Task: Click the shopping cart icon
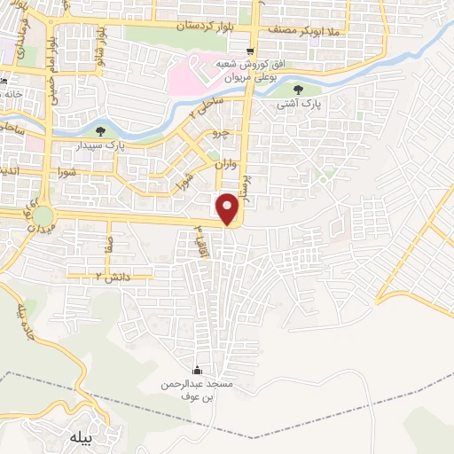253,51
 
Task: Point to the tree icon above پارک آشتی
297,89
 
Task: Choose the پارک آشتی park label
298,104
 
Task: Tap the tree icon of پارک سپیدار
111,131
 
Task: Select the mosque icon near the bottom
196,371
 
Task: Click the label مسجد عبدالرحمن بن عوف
196,391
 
